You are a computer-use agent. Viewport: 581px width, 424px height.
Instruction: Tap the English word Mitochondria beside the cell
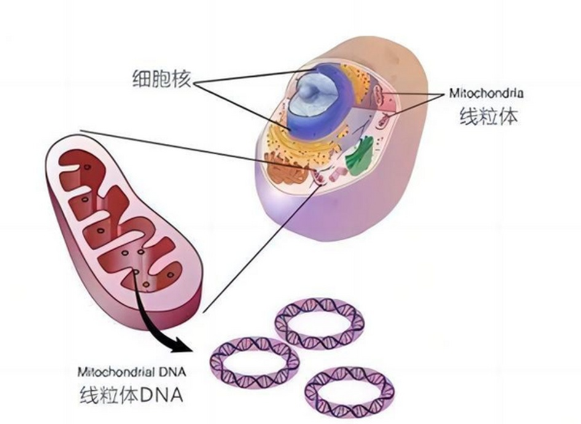coord(486,94)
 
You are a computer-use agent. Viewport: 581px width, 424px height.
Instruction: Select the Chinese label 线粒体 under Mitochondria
coord(489,116)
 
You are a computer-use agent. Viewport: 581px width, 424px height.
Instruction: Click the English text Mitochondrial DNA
coord(131,372)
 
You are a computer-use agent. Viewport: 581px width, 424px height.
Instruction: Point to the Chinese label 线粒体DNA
coord(131,395)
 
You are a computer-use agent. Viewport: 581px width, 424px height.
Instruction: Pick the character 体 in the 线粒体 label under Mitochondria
coord(508,116)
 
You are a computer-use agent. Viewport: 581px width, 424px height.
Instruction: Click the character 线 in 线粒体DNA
coord(90,395)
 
